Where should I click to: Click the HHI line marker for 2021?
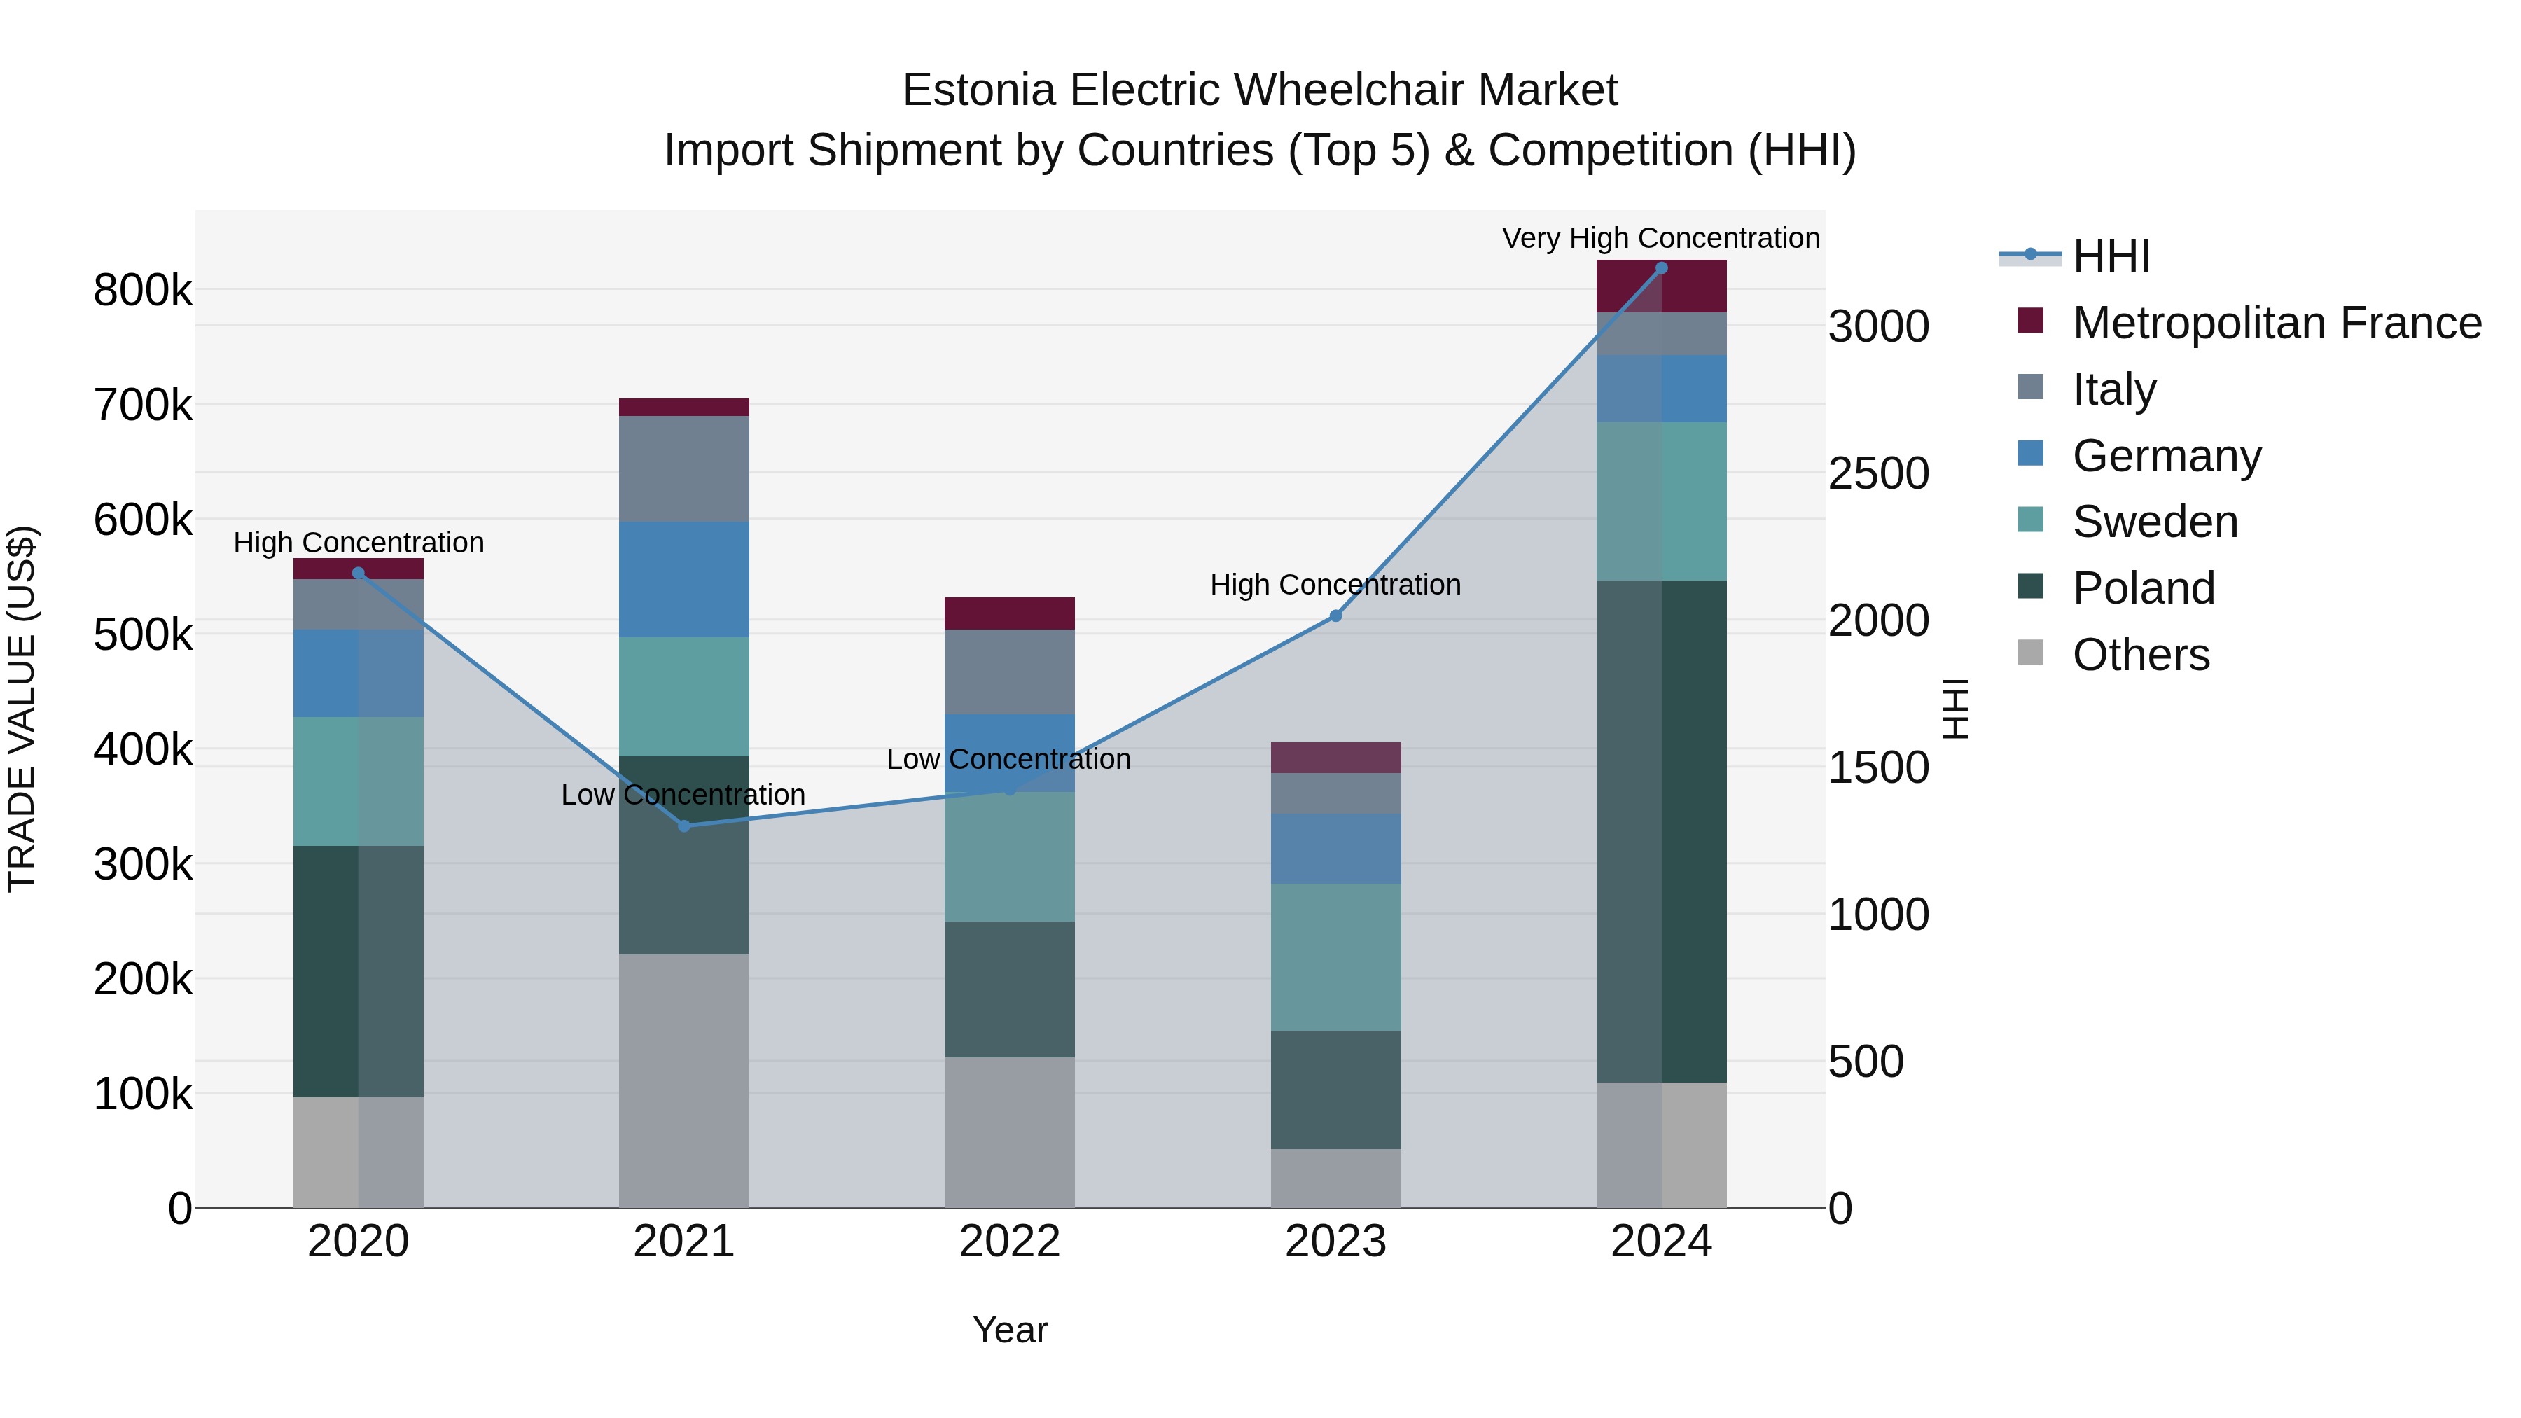(684, 826)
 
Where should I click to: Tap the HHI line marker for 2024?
(1661, 268)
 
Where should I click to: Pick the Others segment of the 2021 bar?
(684, 1080)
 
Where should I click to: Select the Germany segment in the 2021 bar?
(684, 579)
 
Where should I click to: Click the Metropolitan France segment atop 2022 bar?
(1009, 613)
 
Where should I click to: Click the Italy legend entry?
(2114, 389)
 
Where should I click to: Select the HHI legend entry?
(2110, 256)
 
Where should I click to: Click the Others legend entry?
(2140, 655)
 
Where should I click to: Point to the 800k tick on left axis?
(143, 291)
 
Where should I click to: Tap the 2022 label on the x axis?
(1009, 1242)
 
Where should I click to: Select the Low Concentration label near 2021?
(682, 795)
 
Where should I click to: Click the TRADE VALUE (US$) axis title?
(22, 709)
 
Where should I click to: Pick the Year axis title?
(1009, 1330)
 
